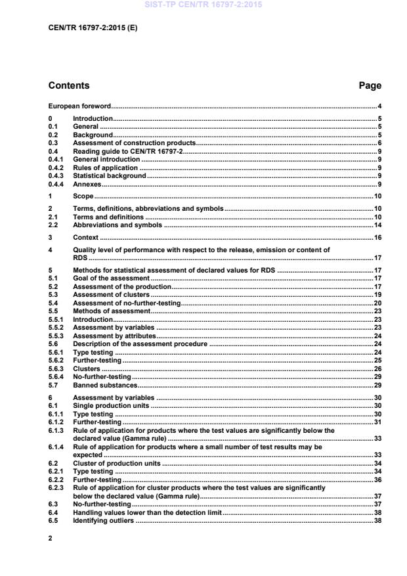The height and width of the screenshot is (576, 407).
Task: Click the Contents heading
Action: pyautogui.click(x=69, y=85)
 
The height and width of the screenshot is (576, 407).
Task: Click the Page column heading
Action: pyautogui.click(x=370, y=85)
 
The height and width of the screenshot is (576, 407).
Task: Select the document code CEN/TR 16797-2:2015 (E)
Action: pyautogui.click(x=93, y=29)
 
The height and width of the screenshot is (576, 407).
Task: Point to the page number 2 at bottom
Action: pyautogui.click(x=51, y=538)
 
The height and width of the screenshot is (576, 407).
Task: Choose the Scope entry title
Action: pyautogui.click(x=83, y=196)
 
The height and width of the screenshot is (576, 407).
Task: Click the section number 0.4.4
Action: pyautogui.click(x=56, y=184)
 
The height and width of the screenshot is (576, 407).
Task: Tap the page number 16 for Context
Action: pyautogui.click(x=377, y=237)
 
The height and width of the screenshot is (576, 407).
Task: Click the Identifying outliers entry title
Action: pyautogui.click(x=103, y=521)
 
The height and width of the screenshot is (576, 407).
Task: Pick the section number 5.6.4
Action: pyautogui.click(x=56, y=377)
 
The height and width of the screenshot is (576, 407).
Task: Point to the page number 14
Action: pyautogui.click(x=377, y=225)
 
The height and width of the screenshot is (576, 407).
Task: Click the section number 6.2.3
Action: pyautogui.click(x=56, y=488)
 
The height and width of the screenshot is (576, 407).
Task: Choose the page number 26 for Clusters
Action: pyautogui.click(x=377, y=369)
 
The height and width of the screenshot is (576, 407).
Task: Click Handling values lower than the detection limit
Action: pyautogui.click(x=147, y=512)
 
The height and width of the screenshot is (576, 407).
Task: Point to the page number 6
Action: pyautogui.click(x=379, y=143)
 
